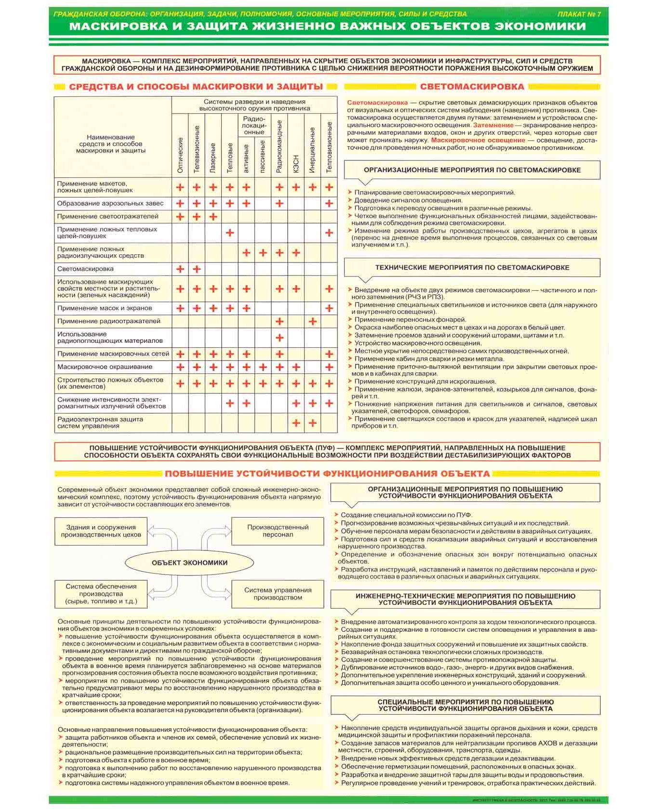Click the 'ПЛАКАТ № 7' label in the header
tap(578, 14)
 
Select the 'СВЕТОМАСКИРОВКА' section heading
tap(472, 87)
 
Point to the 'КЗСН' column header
tap(296, 164)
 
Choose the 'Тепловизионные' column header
tap(329, 147)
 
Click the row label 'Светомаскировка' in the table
tap(85, 269)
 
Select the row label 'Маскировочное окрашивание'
tap(105, 366)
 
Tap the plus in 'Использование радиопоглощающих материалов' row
tap(280, 338)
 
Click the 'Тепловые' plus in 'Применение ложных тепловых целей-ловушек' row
tap(230, 233)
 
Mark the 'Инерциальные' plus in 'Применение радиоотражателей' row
tap(312, 321)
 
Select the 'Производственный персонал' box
tap(278, 531)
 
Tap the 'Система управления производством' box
tap(278, 593)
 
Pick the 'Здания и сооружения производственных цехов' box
tap(101, 531)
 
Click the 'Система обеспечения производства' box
tap(101, 593)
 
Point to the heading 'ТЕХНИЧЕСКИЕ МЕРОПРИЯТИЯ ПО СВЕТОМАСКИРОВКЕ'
tap(472, 267)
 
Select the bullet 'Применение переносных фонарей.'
tap(410, 319)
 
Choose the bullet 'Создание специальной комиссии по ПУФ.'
tap(406, 515)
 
